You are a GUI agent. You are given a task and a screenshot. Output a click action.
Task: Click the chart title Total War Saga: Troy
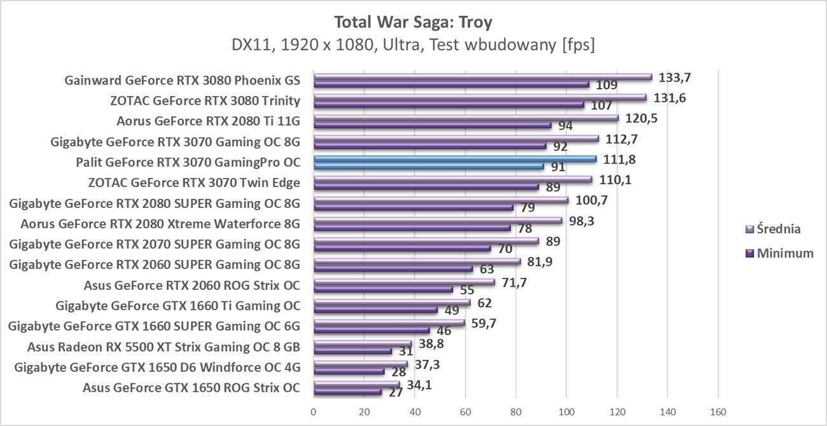[x=413, y=22]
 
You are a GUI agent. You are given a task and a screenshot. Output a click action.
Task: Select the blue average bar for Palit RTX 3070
[x=454, y=159]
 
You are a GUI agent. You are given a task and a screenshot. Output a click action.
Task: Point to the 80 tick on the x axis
[x=516, y=412]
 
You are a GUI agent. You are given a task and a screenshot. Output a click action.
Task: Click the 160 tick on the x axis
[x=718, y=412]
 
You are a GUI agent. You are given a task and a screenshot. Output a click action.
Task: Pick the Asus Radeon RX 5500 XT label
[x=163, y=347]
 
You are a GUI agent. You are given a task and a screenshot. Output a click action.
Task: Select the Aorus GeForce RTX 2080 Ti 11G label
[x=208, y=121]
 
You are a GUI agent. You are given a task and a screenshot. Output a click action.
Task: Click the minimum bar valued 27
[x=347, y=392]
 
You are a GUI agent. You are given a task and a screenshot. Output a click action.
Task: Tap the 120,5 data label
[x=639, y=119]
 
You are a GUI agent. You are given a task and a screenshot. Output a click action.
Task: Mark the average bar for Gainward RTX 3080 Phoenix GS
[x=482, y=77]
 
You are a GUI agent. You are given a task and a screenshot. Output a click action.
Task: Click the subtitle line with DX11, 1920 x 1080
[x=413, y=46]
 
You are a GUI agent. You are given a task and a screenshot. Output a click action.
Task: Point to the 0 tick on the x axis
[x=314, y=412]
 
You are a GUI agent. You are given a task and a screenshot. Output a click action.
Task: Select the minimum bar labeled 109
[x=451, y=84]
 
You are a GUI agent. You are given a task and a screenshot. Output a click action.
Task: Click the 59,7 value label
[x=484, y=324]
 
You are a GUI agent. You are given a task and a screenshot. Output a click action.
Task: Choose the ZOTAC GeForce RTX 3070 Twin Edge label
[x=194, y=183]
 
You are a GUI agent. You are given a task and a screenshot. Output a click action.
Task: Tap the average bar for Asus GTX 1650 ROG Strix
[x=356, y=385]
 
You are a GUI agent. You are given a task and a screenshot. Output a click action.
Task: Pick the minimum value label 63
[x=487, y=269]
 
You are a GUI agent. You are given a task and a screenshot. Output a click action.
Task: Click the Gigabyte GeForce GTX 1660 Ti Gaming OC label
[x=177, y=306]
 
